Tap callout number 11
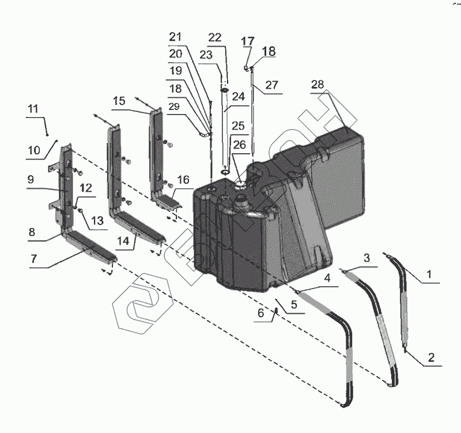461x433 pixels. click(x=32, y=108)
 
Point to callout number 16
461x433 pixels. click(x=183, y=180)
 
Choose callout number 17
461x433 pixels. click(x=247, y=41)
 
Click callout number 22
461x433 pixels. click(x=214, y=37)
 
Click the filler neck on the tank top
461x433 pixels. click(x=241, y=203)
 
